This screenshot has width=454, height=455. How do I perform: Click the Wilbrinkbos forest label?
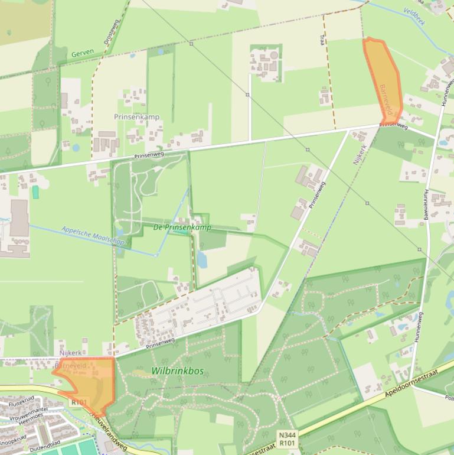pyautogui.click(x=177, y=371)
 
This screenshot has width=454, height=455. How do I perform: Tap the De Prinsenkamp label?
pyautogui.click(x=182, y=227)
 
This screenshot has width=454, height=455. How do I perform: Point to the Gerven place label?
pyautogui.click(x=83, y=53)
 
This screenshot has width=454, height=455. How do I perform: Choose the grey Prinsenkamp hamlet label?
pyautogui.click(x=136, y=117)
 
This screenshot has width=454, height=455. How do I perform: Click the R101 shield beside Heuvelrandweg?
pyautogui.click(x=79, y=402)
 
